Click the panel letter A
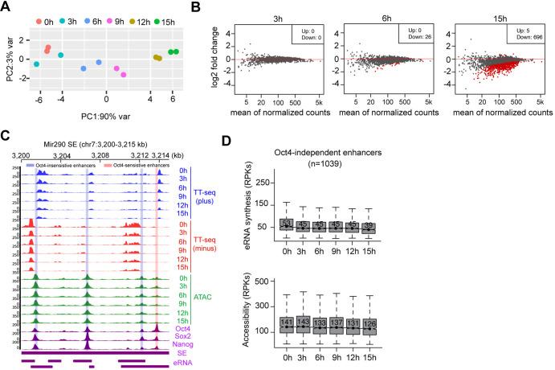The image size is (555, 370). click(6, 7)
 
